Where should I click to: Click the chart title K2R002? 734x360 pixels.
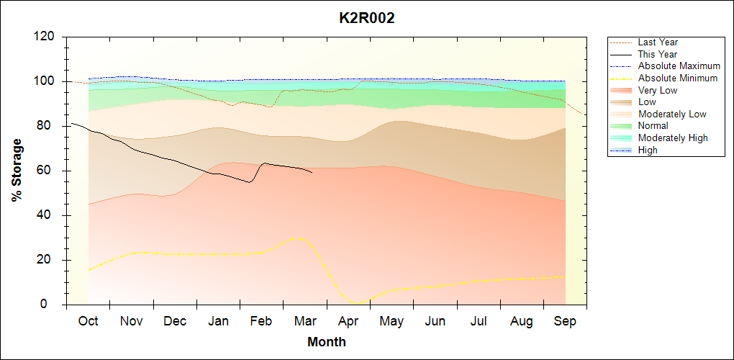(x=367, y=18)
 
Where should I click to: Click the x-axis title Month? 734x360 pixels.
(x=327, y=341)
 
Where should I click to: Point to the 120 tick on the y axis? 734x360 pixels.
(x=46, y=37)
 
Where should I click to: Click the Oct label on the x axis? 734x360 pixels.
(x=88, y=321)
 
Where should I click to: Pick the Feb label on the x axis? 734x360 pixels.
(x=261, y=321)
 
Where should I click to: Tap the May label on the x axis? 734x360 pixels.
(x=391, y=321)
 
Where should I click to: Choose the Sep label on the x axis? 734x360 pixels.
(x=565, y=321)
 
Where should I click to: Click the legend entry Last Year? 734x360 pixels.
(x=658, y=42)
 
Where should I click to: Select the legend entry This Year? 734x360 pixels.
(x=658, y=54)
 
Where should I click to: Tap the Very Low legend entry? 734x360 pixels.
(x=658, y=90)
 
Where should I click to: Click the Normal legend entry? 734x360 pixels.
(x=653, y=126)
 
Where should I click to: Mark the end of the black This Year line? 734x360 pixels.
(x=312, y=172)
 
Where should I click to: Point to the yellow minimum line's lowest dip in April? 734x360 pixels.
(x=358, y=303)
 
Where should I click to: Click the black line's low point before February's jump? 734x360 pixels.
(x=249, y=182)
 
